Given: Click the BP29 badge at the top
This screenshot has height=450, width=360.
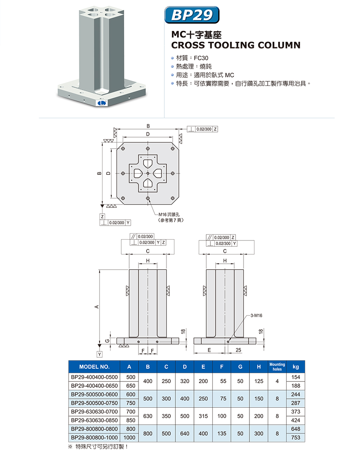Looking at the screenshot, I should (x=191, y=15).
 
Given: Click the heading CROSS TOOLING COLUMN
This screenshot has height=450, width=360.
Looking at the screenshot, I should (x=235, y=45).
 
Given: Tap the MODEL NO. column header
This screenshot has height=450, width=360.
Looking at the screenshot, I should (x=94, y=367).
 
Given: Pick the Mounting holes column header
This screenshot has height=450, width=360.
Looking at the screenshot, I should (x=277, y=367).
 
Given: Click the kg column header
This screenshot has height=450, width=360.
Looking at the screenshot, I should (x=296, y=367).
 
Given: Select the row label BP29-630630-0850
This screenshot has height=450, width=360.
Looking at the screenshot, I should (x=94, y=420).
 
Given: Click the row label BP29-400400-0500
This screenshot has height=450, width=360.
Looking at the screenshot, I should (x=94, y=377).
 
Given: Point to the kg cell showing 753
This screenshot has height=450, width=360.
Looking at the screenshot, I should (x=296, y=438).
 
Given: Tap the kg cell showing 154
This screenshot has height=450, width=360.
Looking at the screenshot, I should (x=296, y=377).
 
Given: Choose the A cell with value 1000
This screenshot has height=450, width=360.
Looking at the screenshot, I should (x=130, y=438).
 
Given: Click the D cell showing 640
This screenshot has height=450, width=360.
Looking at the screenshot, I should (x=185, y=433).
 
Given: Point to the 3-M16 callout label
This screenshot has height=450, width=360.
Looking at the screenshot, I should (x=257, y=315).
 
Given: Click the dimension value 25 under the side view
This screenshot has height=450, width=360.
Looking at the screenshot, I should (x=238, y=350).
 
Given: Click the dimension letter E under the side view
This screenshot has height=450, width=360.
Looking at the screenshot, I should (x=209, y=350).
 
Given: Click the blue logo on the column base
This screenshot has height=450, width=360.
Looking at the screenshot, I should (x=101, y=103).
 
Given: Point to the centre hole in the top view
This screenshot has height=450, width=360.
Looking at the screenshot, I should (x=147, y=174).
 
